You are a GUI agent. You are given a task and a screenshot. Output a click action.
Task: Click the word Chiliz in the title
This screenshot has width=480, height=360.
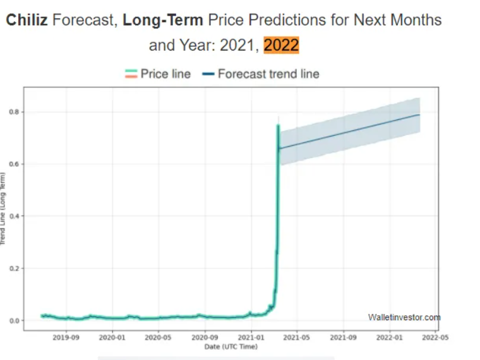coord(27,20)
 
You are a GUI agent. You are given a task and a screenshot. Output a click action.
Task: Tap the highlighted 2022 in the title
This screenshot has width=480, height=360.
coord(281,45)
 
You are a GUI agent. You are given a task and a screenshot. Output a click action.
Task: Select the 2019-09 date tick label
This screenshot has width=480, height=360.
coord(66,338)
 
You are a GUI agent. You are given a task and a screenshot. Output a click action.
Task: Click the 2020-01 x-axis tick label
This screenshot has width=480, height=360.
coord(112,338)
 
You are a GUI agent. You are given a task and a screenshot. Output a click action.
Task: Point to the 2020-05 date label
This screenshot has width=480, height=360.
coord(158,338)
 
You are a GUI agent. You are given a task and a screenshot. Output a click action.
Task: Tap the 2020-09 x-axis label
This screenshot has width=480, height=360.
coord(205,338)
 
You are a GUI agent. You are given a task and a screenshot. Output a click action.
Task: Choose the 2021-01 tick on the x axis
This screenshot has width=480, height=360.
coord(251,338)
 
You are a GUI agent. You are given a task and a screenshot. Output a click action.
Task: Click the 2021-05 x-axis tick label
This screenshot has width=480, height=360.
coord(296,338)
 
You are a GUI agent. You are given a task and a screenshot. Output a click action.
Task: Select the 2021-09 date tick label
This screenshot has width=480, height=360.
coord(343,338)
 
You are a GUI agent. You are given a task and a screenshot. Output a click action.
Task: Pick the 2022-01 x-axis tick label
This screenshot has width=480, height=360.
coord(389,338)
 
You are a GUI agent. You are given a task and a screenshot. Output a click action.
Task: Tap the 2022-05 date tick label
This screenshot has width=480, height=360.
coord(435,338)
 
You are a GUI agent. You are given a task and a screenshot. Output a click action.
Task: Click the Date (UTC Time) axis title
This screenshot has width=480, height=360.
coord(230,347)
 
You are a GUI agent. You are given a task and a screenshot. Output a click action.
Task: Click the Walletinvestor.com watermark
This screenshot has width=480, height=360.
coord(404,317)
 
